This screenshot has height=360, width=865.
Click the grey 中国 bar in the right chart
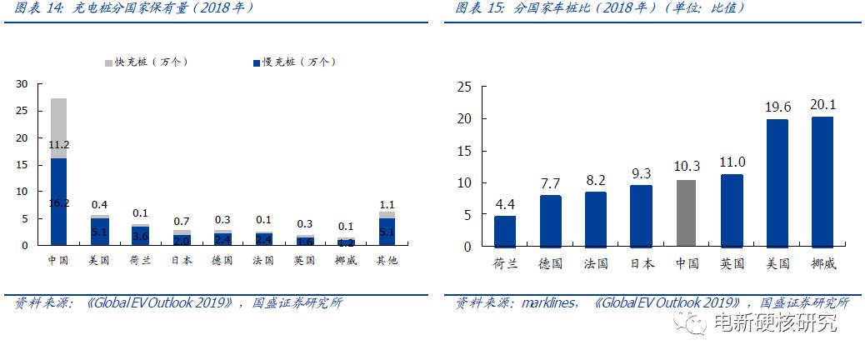(x=687, y=213)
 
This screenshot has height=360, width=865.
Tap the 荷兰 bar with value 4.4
(x=506, y=232)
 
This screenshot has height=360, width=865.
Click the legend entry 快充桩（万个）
(x=146, y=62)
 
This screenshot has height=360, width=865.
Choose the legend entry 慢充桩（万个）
(x=292, y=62)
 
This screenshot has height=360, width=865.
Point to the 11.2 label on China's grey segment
(x=58, y=144)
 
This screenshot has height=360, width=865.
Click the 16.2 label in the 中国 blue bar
(x=58, y=202)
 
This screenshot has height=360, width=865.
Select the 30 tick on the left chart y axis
(x=22, y=84)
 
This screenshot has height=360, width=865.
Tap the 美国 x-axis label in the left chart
(x=99, y=261)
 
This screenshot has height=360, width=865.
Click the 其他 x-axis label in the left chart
(x=387, y=261)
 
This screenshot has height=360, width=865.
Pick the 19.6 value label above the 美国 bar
(x=777, y=107)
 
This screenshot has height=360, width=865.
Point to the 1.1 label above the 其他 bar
(x=387, y=203)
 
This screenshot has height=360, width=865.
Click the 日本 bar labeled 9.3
(x=642, y=216)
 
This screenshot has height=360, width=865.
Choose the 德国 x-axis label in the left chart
(x=222, y=261)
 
